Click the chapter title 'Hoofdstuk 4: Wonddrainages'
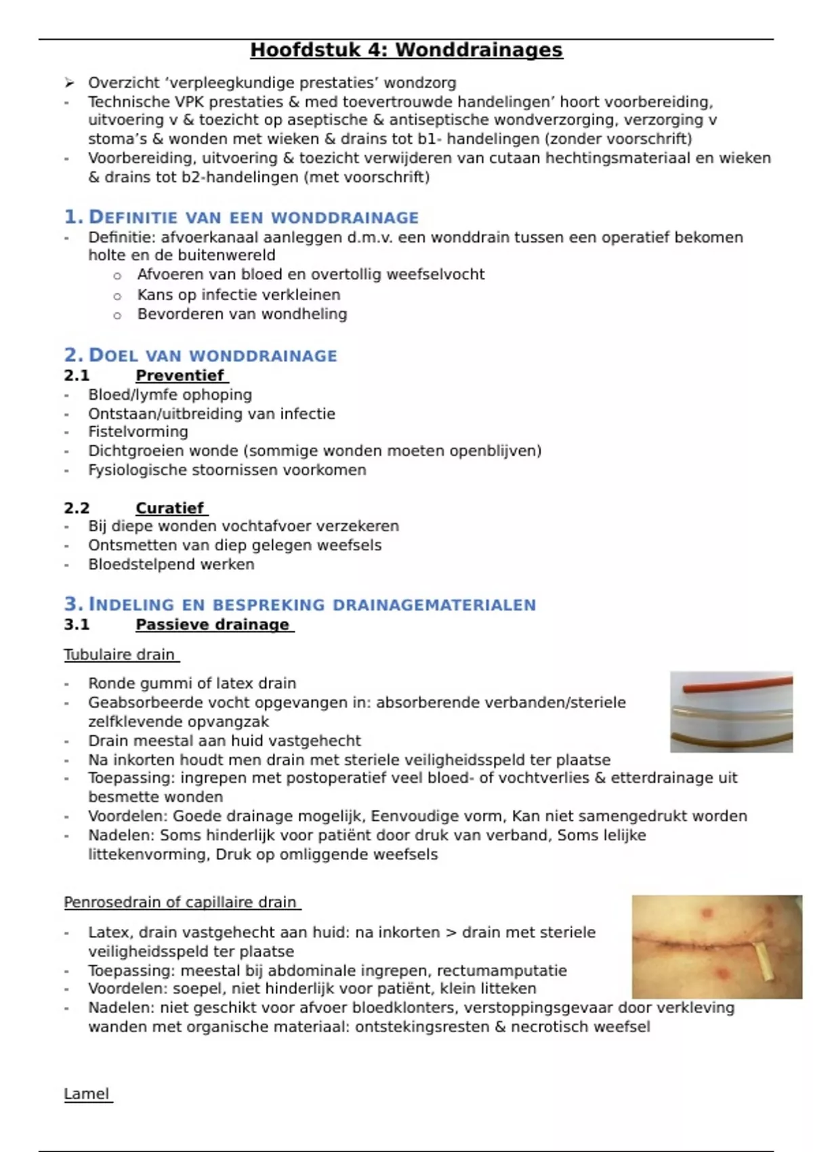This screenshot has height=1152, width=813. [x=406, y=50]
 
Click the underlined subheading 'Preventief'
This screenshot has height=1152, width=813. [x=180, y=375]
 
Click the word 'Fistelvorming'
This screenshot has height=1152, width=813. [x=138, y=432]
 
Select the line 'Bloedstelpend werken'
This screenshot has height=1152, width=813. [x=171, y=564]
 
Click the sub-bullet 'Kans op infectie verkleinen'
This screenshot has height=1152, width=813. [x=238, y=295]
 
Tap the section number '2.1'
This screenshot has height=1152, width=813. [x=77, y=375]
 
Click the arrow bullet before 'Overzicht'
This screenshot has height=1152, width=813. [x=68, y=83]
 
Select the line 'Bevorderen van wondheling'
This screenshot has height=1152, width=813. [x=242, y=314]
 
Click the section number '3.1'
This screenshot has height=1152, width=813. [x=77, y=625]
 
